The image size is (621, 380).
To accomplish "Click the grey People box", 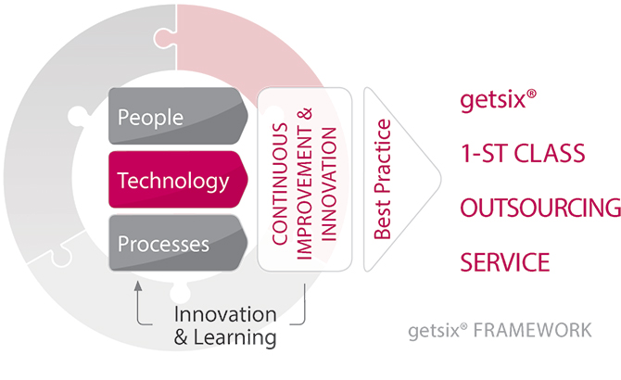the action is click(178, 116).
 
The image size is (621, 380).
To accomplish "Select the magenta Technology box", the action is click(178, 179).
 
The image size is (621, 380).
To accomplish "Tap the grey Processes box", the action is click(178, 243).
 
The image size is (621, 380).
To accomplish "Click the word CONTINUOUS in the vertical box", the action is click(280, 184).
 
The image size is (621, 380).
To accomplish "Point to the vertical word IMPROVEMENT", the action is click(304, 193).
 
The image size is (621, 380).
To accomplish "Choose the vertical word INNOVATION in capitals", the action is click(328, 184).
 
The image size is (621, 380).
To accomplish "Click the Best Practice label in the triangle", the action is click(382, 179).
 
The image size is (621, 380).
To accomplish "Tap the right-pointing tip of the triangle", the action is click(440, 179).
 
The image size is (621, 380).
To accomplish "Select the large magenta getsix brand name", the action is click(493, 99).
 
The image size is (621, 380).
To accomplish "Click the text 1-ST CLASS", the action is click(523, 154).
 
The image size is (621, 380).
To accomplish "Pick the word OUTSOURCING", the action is click(540, 208).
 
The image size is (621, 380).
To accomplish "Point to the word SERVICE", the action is click(505, 262).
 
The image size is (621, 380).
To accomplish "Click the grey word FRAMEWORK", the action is click(533, 331).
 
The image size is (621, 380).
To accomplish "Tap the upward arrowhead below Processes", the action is click(138, 286).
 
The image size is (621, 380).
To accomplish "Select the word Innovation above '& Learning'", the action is click(225, 315).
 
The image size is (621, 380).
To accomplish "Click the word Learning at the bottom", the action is click(234, 337).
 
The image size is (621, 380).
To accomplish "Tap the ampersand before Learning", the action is click(181, 337).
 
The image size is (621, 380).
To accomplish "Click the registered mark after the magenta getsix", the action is click(531, 94).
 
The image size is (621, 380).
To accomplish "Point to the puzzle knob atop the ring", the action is click(164, 38).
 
